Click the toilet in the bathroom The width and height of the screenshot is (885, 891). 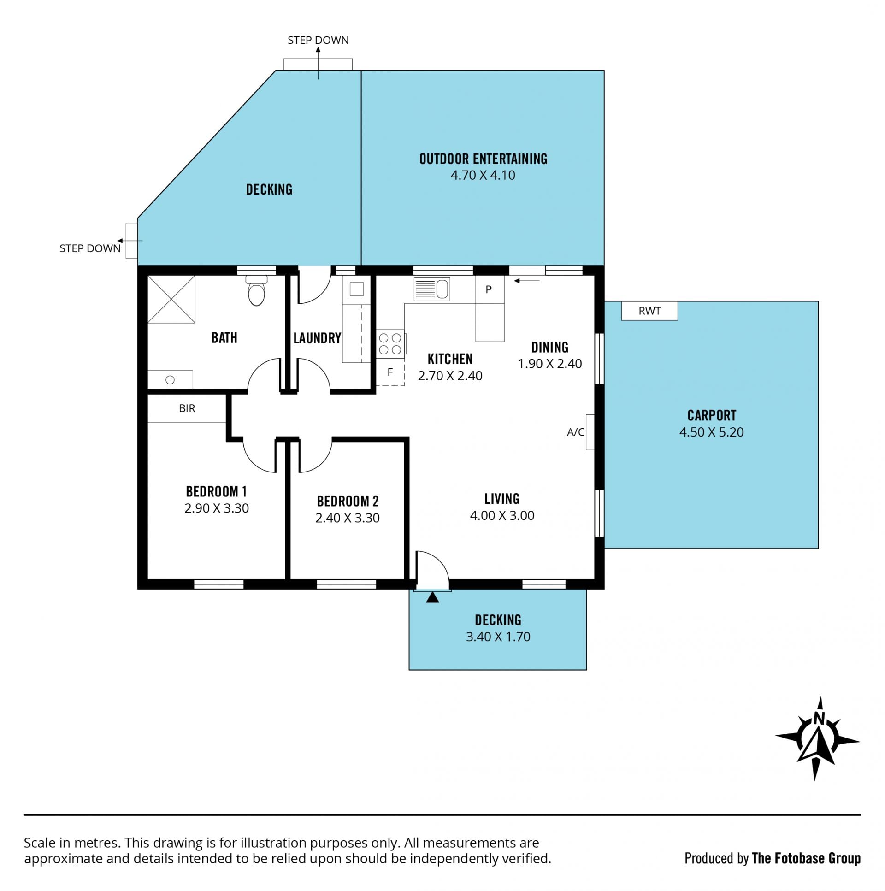[256, 290]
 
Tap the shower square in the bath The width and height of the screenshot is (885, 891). [171, 299]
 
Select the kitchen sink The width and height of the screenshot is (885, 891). [431, 289]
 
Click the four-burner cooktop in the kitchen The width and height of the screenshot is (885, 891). [390, 344]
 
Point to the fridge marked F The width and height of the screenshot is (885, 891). [390, 372]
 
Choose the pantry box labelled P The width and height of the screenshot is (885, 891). [490, 289]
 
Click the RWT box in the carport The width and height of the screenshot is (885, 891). [649, 311]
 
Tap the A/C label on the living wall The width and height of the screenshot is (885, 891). [576, 432]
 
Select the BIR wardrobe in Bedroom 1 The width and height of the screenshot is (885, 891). [187, 408]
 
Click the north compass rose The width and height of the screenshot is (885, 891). [817, 739]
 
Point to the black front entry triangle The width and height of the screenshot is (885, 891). [432, 597]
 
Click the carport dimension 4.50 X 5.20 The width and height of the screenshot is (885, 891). [711, 432]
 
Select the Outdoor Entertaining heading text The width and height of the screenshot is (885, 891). [483, 159]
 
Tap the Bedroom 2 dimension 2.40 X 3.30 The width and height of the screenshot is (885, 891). [347, 518]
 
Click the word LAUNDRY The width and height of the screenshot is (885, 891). [317, 338]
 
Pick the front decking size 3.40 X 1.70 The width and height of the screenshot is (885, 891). [498, 637]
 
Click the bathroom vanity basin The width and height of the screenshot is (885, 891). [170, 379]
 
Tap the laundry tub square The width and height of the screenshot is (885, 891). [356, 289]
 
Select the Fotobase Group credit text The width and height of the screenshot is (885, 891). [773, 858]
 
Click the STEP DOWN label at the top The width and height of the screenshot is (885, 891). [318, 40]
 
